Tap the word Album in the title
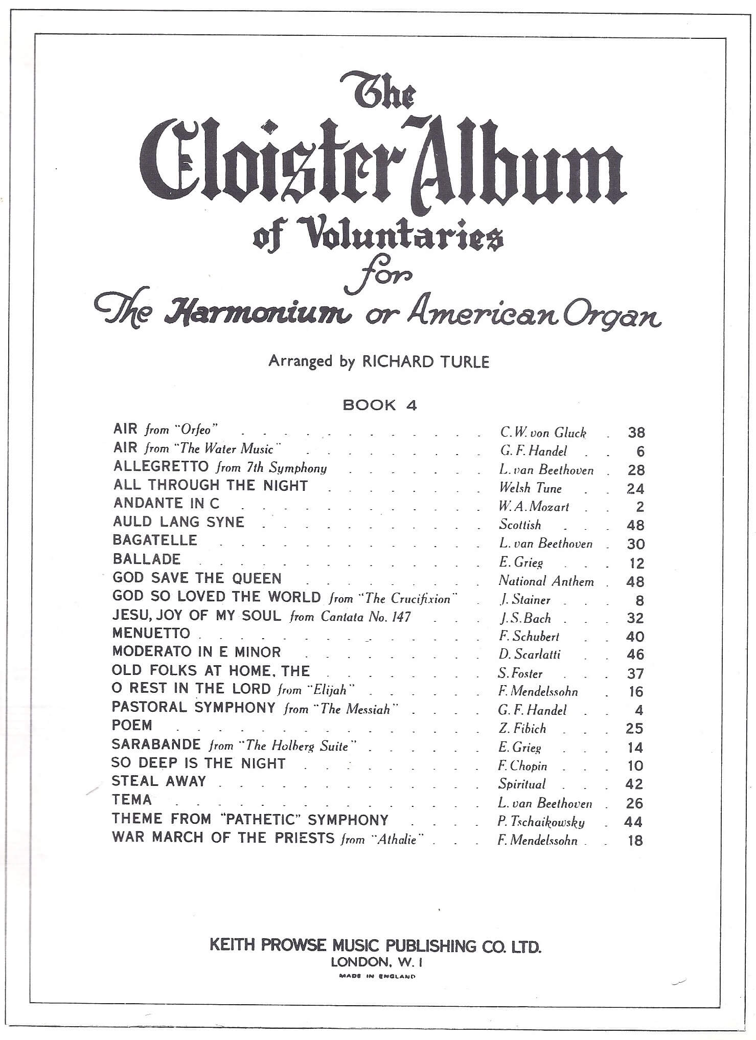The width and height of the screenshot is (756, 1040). pyautogui.click(x=516, y=164)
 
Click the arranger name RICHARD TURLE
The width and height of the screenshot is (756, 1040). pyautogui.click(x=425, y=362)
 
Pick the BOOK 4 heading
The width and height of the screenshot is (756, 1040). pyautogui.click(x=380, y=405)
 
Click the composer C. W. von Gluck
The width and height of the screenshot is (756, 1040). pyautogui.click(x=543, y=433)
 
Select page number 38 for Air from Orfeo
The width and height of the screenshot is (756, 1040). pyautogui.click(x=636, y=433)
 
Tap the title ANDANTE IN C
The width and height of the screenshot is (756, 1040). pyautogui.click(x=166, y=503)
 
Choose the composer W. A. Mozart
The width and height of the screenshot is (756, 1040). pyautogui.click(x=534, y=507)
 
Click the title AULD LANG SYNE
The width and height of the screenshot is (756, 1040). pyautogui.click(x=178, y=522)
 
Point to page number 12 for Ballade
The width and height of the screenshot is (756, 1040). pyautogui.click(x=636, y=563)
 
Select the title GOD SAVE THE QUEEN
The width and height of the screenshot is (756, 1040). pyautogui.click(x=197, y=578)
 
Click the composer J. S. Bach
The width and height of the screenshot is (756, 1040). pyautogui.click(x=525, y=618)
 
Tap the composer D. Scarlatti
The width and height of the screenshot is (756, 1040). pyautogui.click(x=530, y=654)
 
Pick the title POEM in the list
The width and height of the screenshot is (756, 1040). pyautogui.click(x=132, y=725)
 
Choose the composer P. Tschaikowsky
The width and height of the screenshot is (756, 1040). pyautogui.click(x=541, y=822)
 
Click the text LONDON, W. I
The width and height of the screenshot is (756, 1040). pyautogui.click(x=377, y=962)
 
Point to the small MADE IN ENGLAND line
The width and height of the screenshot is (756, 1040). pyautogui.click(x=377, y=976)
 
